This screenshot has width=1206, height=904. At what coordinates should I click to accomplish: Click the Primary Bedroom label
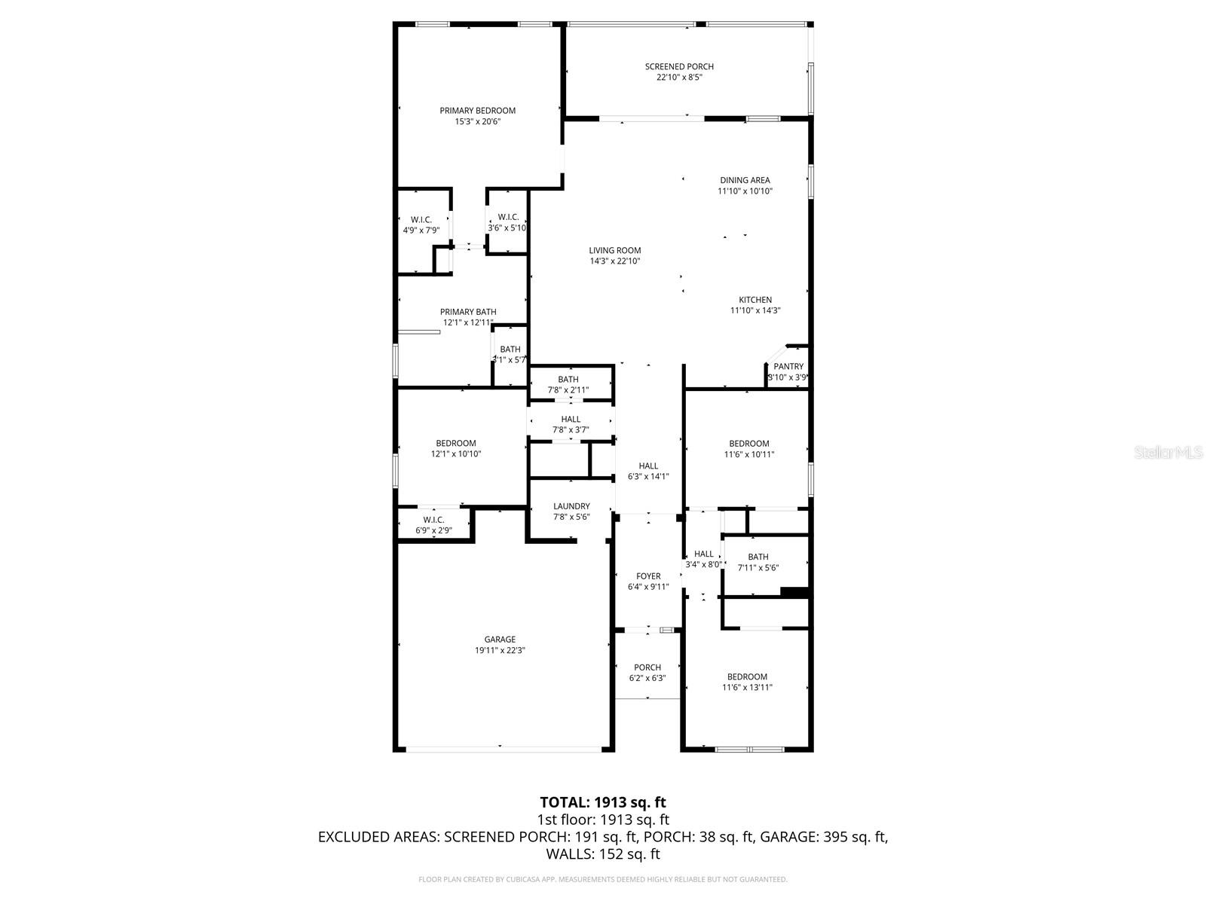click(477, 111)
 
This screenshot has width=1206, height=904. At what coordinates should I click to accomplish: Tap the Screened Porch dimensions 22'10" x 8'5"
click(679, 77)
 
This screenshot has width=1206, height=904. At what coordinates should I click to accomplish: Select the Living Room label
click(614, 251)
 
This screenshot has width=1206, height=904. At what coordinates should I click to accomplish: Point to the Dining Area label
click(744, 180)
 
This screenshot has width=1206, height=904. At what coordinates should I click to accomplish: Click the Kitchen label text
click(755, 300)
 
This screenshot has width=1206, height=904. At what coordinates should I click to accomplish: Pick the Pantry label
click(788, 367)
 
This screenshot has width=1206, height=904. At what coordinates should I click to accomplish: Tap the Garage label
click(500, 640)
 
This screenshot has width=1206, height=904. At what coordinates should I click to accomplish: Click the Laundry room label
click(571, 506)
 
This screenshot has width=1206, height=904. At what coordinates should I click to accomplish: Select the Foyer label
click(648, 576)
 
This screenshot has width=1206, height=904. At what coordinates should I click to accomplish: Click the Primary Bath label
click(468, 312)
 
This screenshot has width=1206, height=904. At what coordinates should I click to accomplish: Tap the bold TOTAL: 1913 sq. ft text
click(603, 802)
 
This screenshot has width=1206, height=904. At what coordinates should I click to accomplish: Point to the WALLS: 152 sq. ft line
click(603, 854)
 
